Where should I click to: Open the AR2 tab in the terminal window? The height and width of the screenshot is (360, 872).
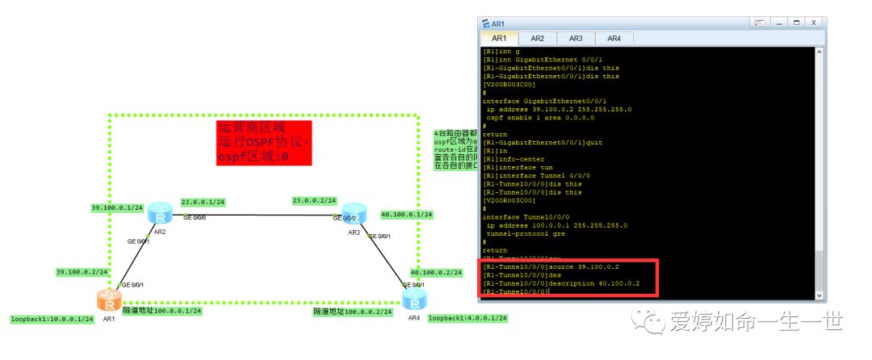537,38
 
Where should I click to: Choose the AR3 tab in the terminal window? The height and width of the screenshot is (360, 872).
576,38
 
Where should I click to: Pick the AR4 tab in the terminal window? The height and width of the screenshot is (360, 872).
614,38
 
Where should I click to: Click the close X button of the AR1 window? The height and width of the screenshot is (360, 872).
814,23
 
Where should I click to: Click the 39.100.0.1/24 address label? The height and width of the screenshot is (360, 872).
117,207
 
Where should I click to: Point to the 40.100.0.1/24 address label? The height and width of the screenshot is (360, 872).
406,215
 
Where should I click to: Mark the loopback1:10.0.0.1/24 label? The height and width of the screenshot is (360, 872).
52,319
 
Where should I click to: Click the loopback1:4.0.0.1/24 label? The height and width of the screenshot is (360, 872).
467,318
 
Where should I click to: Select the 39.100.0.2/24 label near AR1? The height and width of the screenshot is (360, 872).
82,271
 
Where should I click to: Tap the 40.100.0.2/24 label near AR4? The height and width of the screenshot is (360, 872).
435,273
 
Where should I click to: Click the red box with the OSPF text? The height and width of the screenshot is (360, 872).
263,143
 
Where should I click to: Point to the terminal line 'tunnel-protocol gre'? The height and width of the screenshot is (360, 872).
538,233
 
